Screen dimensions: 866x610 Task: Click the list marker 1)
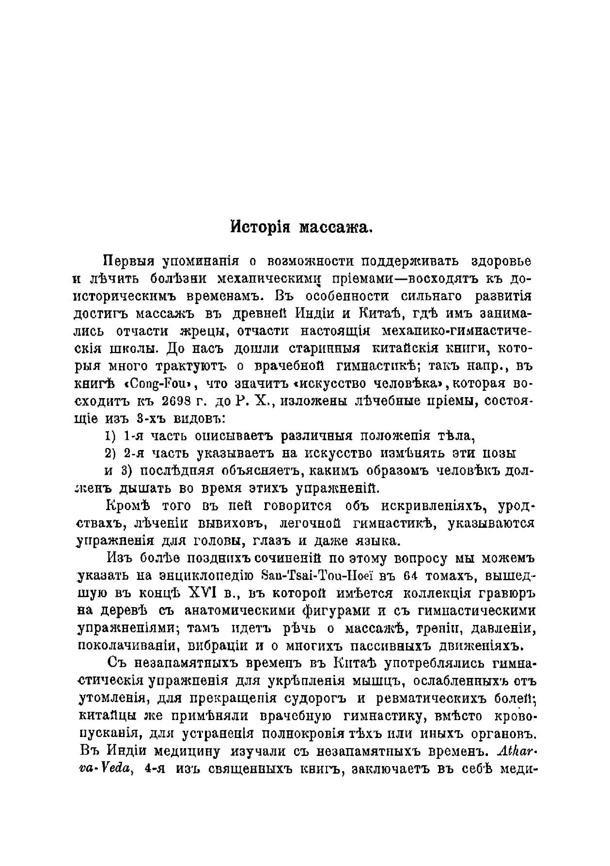[110, 436]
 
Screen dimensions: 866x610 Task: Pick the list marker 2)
[110, 453]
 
